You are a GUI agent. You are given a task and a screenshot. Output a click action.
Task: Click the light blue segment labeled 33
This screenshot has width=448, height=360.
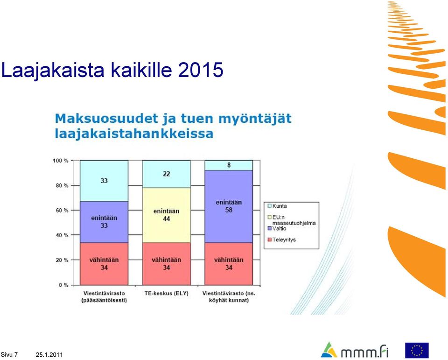tap(104, 181)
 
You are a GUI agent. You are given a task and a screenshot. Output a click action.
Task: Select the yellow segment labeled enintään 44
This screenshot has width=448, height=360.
tap(167, 215)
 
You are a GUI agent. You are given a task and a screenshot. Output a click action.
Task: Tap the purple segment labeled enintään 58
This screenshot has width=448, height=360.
tap(229, 206)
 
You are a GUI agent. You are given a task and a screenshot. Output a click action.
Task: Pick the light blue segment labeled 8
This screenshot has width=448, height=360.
tap(229, 165)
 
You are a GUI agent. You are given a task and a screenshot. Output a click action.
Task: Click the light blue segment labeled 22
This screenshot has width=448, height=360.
tap(167, 174)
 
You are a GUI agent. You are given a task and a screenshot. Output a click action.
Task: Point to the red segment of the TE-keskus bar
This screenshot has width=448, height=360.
tap(167, 264)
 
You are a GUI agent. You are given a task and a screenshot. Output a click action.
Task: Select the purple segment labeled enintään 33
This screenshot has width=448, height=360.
tap(104, 222)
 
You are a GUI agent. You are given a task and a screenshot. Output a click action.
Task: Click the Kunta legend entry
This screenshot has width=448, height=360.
tap(277, 206)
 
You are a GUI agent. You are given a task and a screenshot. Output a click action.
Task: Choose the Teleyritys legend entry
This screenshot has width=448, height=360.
tap(281, 240)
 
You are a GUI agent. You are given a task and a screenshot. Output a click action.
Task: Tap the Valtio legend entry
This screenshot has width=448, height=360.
tap(277, 228)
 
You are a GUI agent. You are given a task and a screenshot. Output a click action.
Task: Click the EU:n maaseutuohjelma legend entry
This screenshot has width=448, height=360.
tap(291, 220)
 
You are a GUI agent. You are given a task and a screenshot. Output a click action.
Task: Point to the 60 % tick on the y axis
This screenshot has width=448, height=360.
tap(72, 210)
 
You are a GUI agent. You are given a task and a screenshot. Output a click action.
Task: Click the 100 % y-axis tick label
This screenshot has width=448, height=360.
tap(61, 161)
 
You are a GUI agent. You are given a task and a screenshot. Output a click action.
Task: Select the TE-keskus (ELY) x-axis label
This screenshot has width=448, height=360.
tap(167, 293)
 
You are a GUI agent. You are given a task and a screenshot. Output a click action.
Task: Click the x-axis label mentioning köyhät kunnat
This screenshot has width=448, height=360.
tap(229, 297)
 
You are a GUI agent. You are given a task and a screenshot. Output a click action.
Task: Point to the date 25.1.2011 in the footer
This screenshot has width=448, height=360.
tap(49, 355)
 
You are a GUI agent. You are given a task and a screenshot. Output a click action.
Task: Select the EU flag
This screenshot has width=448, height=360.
tap(417, 350)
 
